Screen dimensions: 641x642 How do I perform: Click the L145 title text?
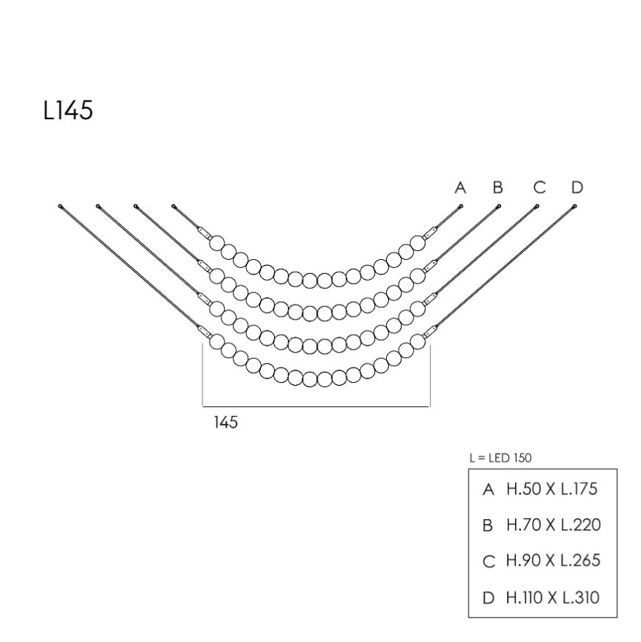click(68, 110)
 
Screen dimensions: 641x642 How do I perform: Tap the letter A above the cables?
click(460, 188)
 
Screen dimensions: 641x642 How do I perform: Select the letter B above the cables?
click(497, 188)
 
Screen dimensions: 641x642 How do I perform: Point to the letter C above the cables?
click(539, 188)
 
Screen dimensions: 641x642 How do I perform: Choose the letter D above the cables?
click(577, 188)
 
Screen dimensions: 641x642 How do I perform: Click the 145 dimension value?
click(226, 422)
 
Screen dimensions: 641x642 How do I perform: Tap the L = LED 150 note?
click(500, 458)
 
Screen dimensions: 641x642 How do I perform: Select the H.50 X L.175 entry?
click(552, 489)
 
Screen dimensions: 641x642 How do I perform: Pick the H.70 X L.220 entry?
click(554, 525)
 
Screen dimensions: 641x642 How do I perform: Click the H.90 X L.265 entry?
click(553, 560)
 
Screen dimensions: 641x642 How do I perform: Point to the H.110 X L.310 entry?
click(553, 598)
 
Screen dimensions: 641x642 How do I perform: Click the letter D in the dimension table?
click(488, 598)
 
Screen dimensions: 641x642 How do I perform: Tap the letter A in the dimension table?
click(488, 490)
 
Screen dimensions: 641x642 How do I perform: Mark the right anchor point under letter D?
click(575, 206)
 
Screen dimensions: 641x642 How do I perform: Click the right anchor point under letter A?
click(461, 206)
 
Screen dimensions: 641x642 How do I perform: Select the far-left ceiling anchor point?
click(60, 206)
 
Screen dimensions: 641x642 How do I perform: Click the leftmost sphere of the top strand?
click(217, 243)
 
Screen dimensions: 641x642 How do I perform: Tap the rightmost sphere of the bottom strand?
click(418, 342)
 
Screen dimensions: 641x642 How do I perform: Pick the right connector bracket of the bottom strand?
click(430, 331)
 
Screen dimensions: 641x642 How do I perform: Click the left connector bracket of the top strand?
click(205, 233)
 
